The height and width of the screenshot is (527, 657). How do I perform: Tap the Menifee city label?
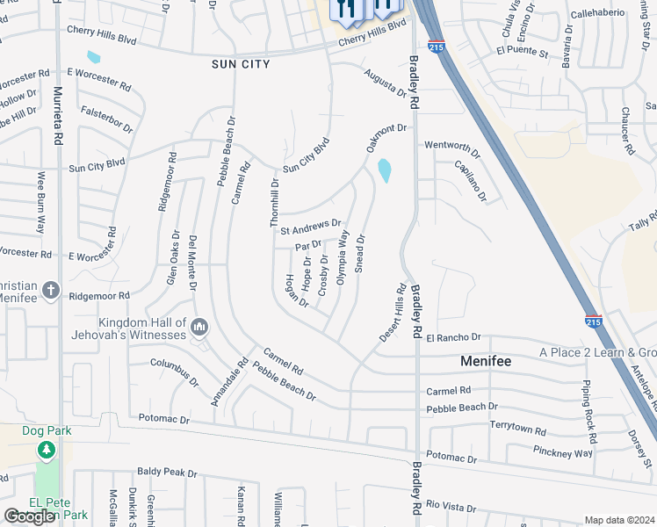[486, 361]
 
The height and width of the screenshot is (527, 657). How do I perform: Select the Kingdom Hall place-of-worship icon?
[199, 328]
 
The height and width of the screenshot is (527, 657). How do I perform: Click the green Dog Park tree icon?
[47, 451]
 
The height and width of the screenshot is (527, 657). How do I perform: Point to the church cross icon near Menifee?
[51, 290]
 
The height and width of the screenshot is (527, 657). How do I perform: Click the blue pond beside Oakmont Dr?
[384, 170]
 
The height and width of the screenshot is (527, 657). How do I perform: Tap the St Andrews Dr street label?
[310, 227]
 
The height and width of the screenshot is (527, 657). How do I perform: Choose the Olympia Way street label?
[343, 256]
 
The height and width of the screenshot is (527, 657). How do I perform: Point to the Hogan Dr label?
[297, 291]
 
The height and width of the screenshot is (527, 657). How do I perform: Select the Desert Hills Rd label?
[393, 312]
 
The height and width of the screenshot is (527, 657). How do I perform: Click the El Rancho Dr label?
[453, 337]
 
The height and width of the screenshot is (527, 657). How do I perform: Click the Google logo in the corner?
[30, 516]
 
